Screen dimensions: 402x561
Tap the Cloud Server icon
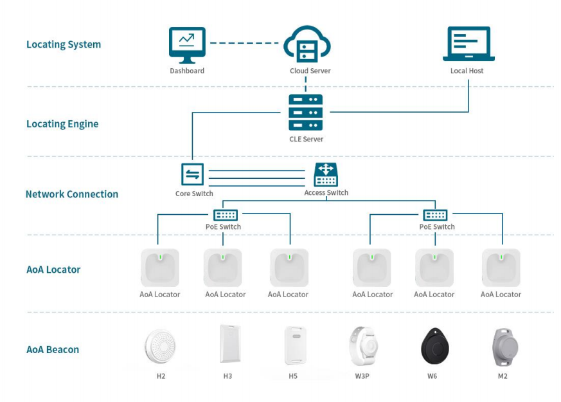(x=306, y=44)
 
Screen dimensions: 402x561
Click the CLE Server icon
(x=305, y=113)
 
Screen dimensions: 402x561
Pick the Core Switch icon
(x=193, y=174)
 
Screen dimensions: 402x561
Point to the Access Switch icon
(x=326, y=174)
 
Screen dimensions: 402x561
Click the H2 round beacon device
(x=160, y=346)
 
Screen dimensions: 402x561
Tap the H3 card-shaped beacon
(x=227, y=344)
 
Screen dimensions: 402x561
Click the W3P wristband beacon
(x=362, y=346)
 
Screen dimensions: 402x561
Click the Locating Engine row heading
(x=62, y=124)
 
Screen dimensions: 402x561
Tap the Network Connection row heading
(x=72, y=194)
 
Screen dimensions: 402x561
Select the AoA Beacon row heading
(x=53, y=350)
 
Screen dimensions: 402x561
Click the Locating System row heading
(x=63, y=45)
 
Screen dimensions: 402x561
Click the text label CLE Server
(x=305, y=139)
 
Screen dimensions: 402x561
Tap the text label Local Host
(x=467, y=71)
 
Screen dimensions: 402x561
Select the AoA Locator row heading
(x=53, y=270)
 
